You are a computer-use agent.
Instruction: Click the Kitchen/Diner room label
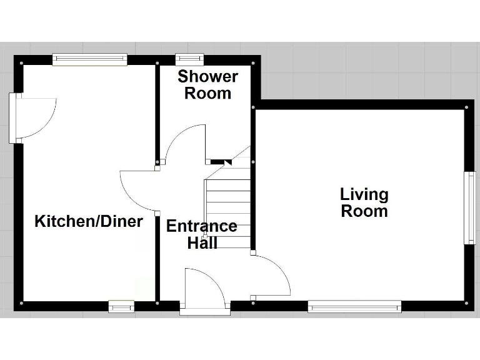[x=88, y=221]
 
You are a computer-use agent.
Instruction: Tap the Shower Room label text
[x=207, y=85]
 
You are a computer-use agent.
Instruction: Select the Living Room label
[x=364, y=202]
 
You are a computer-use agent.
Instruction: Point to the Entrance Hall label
[x=202, y=234]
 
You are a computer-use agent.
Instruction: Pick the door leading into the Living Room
[x=272, y=275]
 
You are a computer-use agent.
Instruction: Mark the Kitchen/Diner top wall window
[x=90, y=59]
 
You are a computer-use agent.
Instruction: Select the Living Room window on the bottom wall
[x=354, y=306]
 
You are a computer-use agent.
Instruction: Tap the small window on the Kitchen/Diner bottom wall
[x=121, y=306]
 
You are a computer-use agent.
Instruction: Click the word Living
[x=364, y=194]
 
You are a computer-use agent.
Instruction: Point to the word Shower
[x=207, y=77]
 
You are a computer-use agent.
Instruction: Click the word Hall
[x=202, y=243]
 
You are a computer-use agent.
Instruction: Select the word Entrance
[x=202, y=226]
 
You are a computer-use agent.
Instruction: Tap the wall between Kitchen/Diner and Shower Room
[x=157, y=112]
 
